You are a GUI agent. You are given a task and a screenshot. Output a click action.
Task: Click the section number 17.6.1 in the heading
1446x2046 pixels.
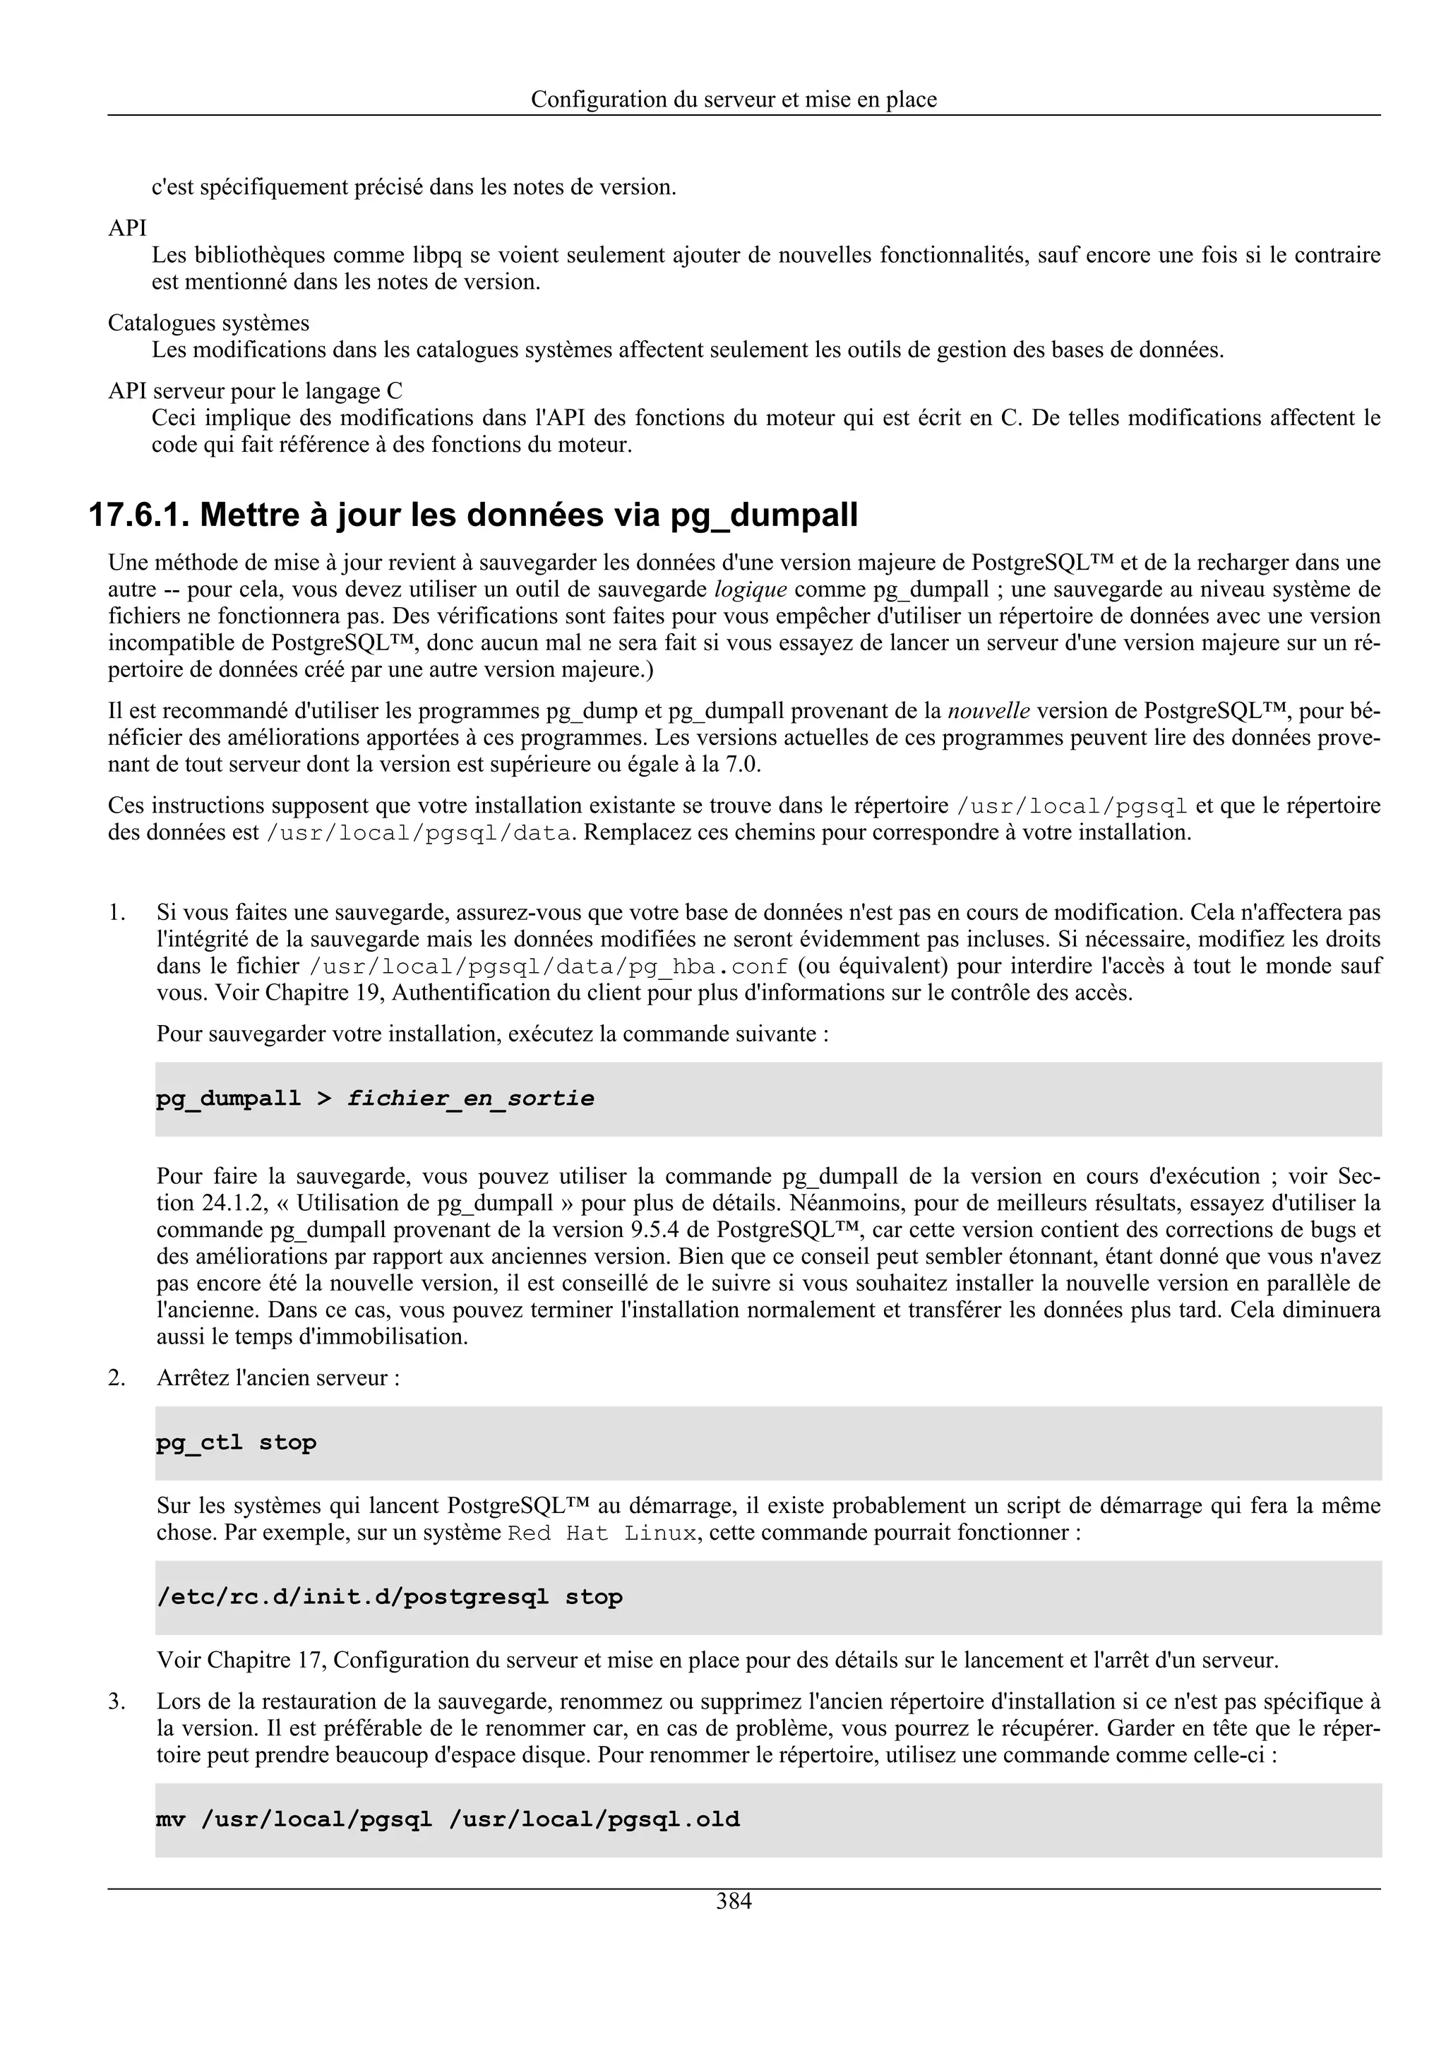tap(138, 516)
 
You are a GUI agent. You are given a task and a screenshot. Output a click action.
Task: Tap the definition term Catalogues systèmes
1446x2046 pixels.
tap(208, 323)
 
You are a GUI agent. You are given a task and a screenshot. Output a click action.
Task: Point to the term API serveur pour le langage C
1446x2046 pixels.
tap(255, 391)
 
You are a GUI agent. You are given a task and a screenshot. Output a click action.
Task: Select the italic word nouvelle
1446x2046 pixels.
tap(988, 711)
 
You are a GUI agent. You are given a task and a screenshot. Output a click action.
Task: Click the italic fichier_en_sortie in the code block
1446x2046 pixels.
tap(470, 1099)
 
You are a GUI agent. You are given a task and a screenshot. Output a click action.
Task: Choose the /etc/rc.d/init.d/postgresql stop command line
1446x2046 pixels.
tap(389, 1597)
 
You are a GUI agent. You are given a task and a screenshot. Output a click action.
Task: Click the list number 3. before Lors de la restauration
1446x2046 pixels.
tap(116, 1702)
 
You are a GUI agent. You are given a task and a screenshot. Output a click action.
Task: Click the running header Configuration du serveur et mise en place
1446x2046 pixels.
tap(734, 100)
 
